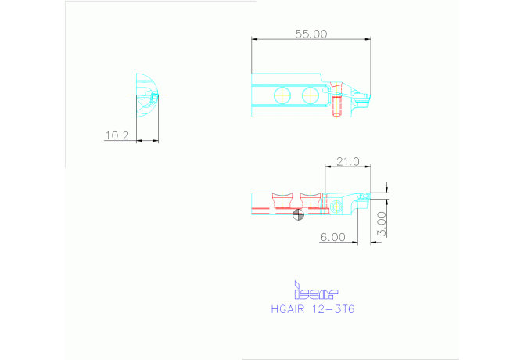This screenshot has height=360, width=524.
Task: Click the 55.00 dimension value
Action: point(311,34)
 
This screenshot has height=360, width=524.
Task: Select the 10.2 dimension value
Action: point(117,135)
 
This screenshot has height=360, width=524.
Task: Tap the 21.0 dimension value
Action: point(348,162)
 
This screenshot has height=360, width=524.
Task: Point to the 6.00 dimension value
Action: point(333,237)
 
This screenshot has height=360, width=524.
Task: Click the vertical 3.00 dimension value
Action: point(382,224)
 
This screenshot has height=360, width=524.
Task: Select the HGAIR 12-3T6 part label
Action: point(313,309)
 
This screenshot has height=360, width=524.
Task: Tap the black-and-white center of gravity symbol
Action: point(299,214)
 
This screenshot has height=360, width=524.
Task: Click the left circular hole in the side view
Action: point(282,95)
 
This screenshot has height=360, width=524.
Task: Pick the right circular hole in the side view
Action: point(310,95)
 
